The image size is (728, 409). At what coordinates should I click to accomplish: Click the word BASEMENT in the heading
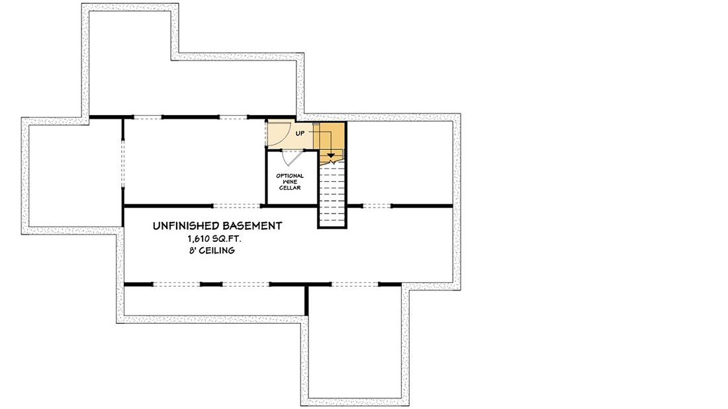[252, 226]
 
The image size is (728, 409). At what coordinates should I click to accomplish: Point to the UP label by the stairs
[300, 133]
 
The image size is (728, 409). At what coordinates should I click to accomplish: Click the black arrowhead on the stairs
[331, 156]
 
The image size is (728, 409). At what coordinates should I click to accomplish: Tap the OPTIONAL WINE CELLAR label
[290, 182]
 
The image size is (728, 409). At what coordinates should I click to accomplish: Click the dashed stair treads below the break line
[333, 195]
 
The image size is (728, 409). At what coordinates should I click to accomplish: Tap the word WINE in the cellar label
[290, 182]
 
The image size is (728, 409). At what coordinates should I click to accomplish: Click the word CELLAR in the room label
[290, 188]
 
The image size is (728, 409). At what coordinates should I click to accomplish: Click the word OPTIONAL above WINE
[290, 176]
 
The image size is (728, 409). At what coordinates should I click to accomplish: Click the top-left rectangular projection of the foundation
[129, 63]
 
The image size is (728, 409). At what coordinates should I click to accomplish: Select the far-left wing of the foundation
[73, 175]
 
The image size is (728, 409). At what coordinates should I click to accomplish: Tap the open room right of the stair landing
[400, 162]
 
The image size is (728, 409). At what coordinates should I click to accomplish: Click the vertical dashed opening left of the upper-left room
[123, 162]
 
